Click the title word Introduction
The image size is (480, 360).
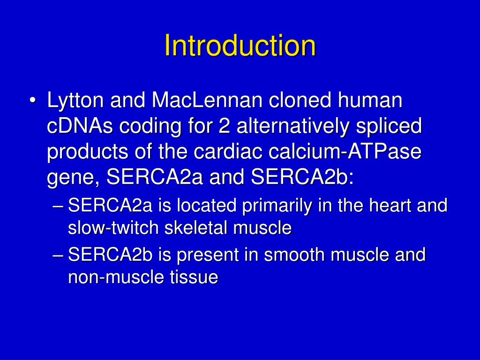pos(240,45)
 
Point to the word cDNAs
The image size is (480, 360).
pos(79,126)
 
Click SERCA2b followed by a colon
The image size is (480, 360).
pos(302,177)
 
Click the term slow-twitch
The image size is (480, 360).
pos(112,228)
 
